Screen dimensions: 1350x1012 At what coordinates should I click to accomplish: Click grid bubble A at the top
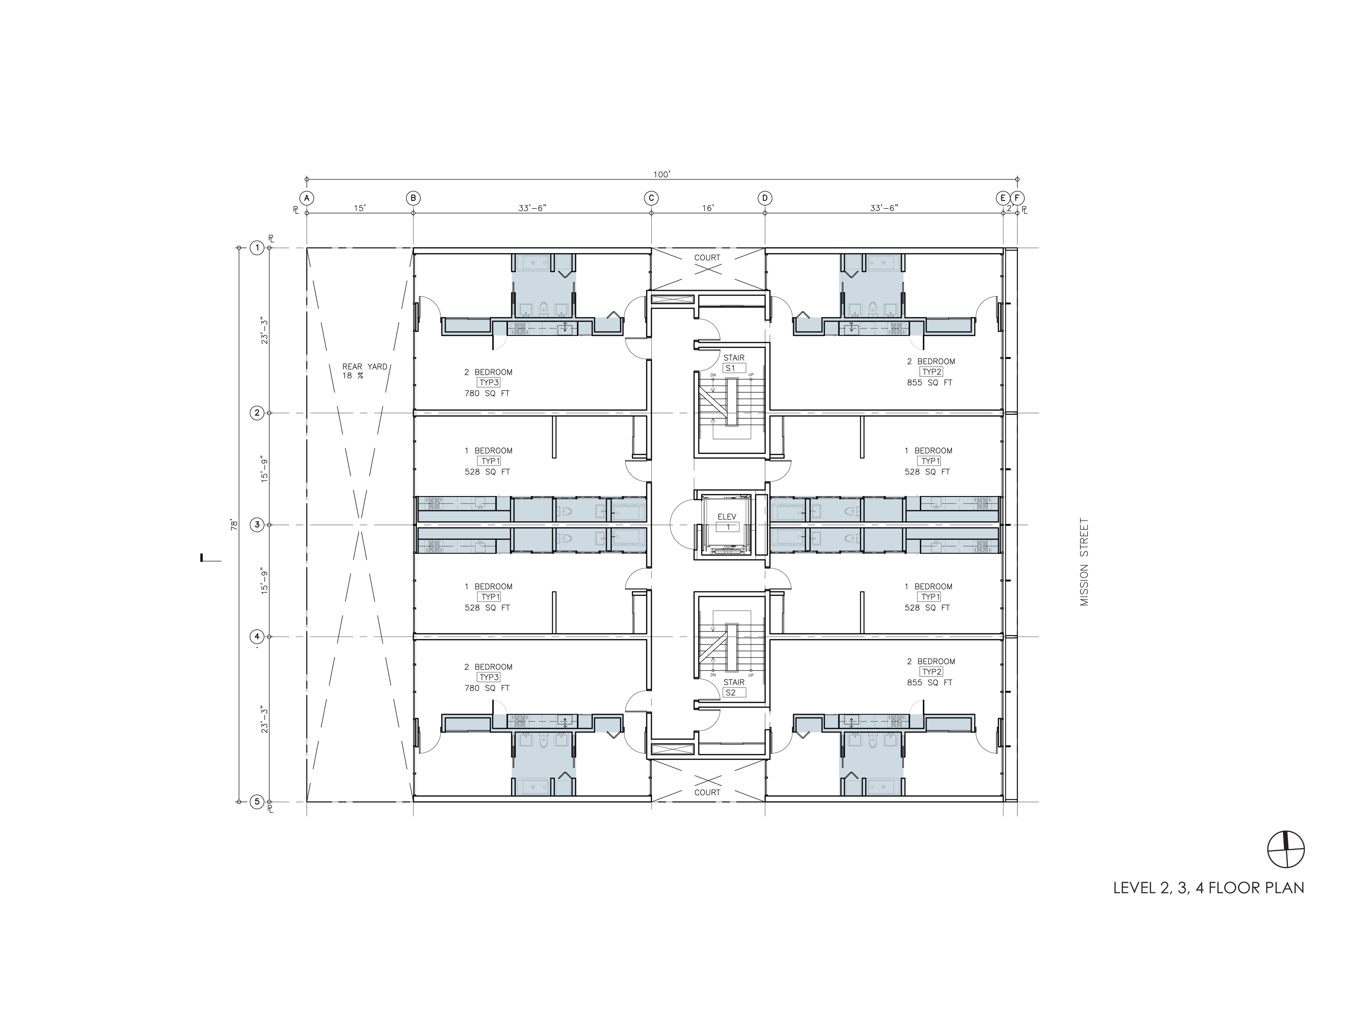pyautogui.click(x=306, y=198)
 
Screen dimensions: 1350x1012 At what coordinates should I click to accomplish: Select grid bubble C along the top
pyautogui.click(x=651, y=198)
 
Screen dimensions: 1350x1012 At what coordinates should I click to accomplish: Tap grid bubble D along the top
pyautogui.click(x=765, y=198)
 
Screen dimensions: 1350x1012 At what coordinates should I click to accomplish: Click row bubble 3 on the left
pyautogui.click(x=257, y=524)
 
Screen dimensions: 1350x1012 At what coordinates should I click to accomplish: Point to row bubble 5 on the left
pyautogui.click(x=257, y=802)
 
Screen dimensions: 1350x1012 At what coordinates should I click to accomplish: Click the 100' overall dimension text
pyautogui.click(x=661, y=175)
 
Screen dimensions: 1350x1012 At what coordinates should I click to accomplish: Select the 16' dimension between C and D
pyautogui.click(x=707, y=208)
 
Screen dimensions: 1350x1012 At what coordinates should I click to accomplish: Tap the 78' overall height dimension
pyautogui.click(x=234, y=524)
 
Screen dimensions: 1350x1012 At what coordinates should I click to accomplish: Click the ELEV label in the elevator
pyautogui.click(x=727, y=517)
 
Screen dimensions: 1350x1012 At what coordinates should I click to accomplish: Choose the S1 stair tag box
pyautogui.click(x=734, y=368)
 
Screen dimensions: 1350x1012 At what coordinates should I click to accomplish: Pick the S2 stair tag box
pyautogui.click(x=734, y=692)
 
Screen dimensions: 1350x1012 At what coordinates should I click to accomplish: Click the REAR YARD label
pyautogui.click(x=364, y=367)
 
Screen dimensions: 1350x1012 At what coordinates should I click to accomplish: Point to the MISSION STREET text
pyautogui.click(x=1084, y=562)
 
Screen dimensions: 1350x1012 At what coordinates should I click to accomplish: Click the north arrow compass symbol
pyautogui.click(x=1287, y=850)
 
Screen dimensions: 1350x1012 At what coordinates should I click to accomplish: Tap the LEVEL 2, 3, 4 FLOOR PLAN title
pyautogui.click(x=1208, y=887)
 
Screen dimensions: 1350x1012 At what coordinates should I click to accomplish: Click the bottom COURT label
pyautogui.click(x=707, y=793)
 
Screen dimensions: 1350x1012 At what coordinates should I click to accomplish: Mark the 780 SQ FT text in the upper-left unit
pyautogui.click(x=487, y=394)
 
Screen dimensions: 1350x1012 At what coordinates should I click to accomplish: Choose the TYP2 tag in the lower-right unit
pyautogui.click(x=932, y=672)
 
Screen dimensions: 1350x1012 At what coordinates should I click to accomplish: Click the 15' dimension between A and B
pyautogui.click(x=360, y=208)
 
